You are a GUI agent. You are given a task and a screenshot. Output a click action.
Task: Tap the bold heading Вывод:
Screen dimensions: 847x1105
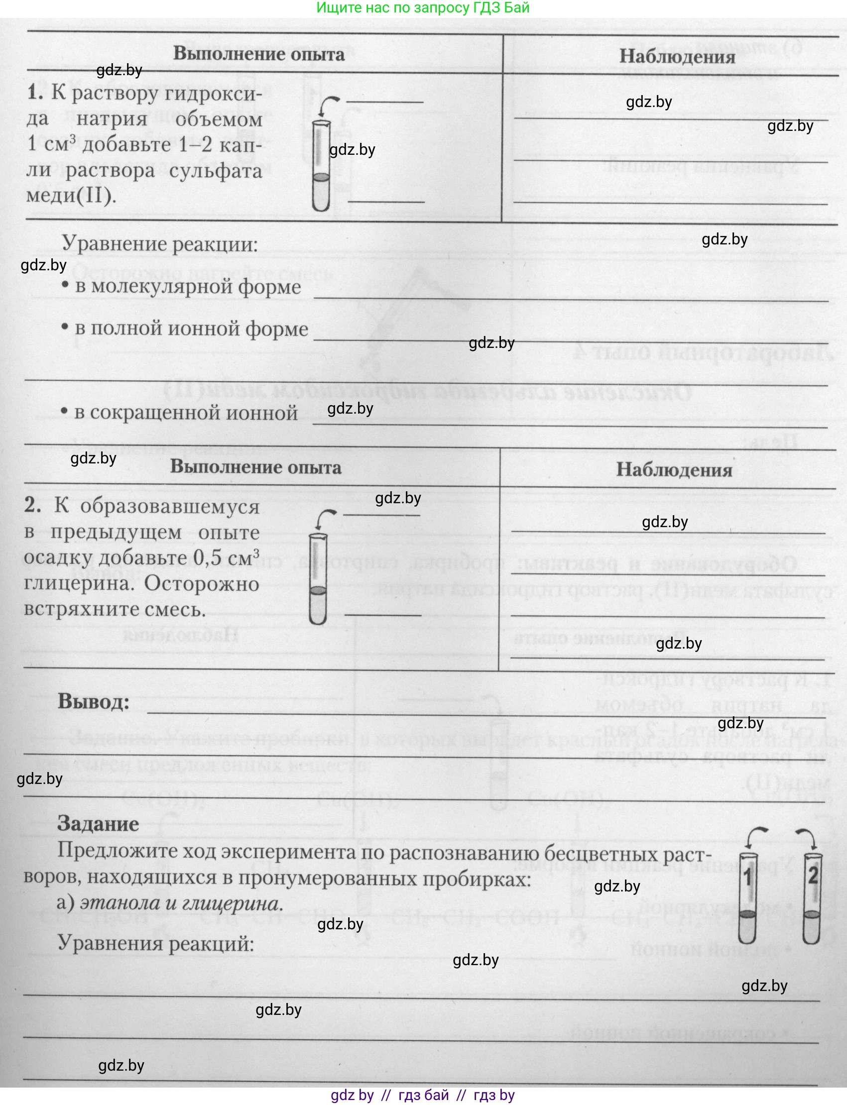pos(94,701)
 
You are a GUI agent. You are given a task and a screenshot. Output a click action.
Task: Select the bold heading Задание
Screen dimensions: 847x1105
pos(98,823)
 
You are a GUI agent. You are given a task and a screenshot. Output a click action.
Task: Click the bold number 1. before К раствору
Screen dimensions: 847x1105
pos(35,93)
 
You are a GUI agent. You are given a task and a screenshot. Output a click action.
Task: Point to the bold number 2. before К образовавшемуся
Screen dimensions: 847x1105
pos(33,505)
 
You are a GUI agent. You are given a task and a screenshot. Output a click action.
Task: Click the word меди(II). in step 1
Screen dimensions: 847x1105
pos(71,195)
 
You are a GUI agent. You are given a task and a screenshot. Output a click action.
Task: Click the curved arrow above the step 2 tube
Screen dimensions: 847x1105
pos(325,517)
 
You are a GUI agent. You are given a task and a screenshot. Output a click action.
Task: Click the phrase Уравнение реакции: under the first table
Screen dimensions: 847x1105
pos(159,244)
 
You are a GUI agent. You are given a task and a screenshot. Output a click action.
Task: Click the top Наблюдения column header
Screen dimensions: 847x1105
pos(677,56)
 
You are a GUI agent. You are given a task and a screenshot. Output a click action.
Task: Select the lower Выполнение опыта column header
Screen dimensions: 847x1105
pos(255,466)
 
